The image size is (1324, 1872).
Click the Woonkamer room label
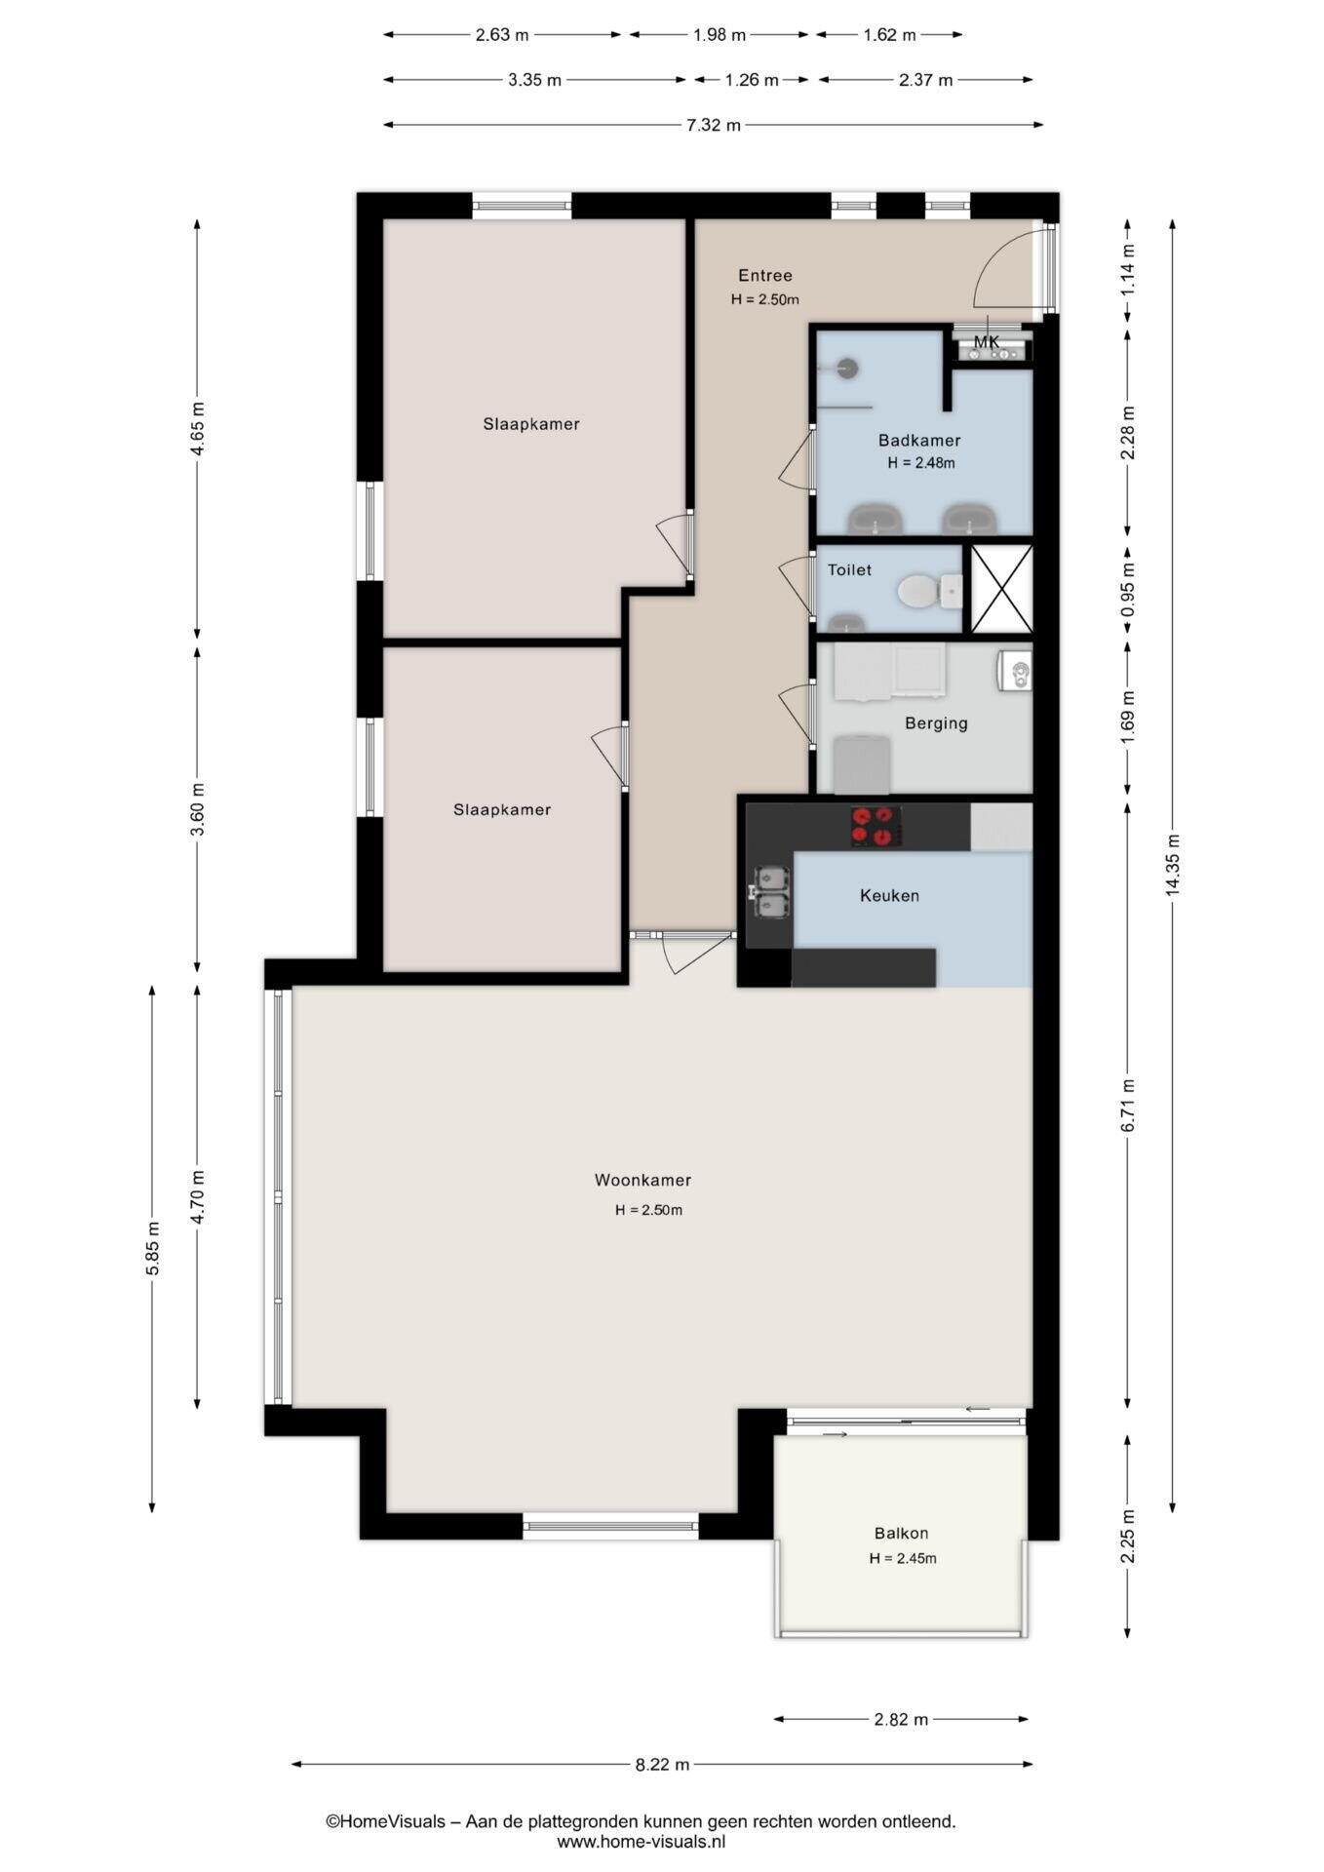643,1180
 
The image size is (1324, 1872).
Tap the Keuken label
889,895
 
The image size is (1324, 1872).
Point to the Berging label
936,723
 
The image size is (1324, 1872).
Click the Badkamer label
919,441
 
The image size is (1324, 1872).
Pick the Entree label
765,276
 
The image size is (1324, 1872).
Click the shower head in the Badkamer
847,368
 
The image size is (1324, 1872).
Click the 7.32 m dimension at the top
714,125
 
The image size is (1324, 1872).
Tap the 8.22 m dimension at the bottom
662,1764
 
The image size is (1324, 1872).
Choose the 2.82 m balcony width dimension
901,1719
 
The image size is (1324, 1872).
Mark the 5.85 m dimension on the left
152,1249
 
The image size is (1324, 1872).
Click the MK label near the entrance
987,342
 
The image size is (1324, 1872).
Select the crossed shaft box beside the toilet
1001,589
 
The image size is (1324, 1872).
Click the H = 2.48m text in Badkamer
921,463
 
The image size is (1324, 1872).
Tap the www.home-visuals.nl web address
642,1842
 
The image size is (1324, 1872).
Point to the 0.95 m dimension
1128,588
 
